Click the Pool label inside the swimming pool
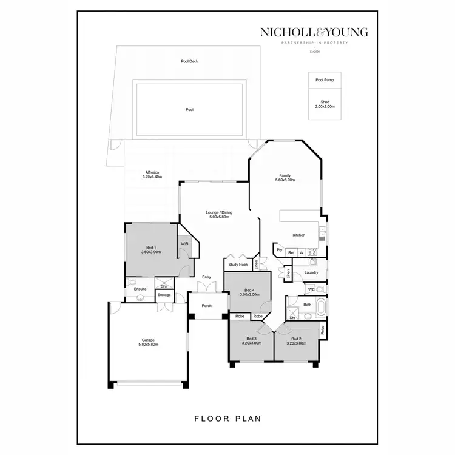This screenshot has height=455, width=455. click(x=189, y=110)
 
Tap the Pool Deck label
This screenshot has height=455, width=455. click(x=189, y=61)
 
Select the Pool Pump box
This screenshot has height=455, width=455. click(x=324, y=79)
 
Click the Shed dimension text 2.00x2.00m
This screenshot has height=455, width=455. click(x=325, y=106)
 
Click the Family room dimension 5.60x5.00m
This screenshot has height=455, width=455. click(x=285, y=180)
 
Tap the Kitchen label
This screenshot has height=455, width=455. click(x=299, y=235)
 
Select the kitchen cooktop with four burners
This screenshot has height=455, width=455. click(x=313, y=251)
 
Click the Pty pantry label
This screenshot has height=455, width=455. click(x=280, y=249)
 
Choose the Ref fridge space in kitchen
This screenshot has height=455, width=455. click(x=291, y=252)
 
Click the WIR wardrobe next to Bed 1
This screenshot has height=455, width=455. click(x=184, y=244)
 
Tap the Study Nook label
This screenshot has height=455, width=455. click(x=238, y=265)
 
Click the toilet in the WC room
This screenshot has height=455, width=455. click(x=322, y=289)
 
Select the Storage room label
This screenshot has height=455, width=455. click(x=164, y=295)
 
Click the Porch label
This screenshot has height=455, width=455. click(x=207, y=306)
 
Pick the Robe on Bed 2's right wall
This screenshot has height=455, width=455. click(x=323, y=330)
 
